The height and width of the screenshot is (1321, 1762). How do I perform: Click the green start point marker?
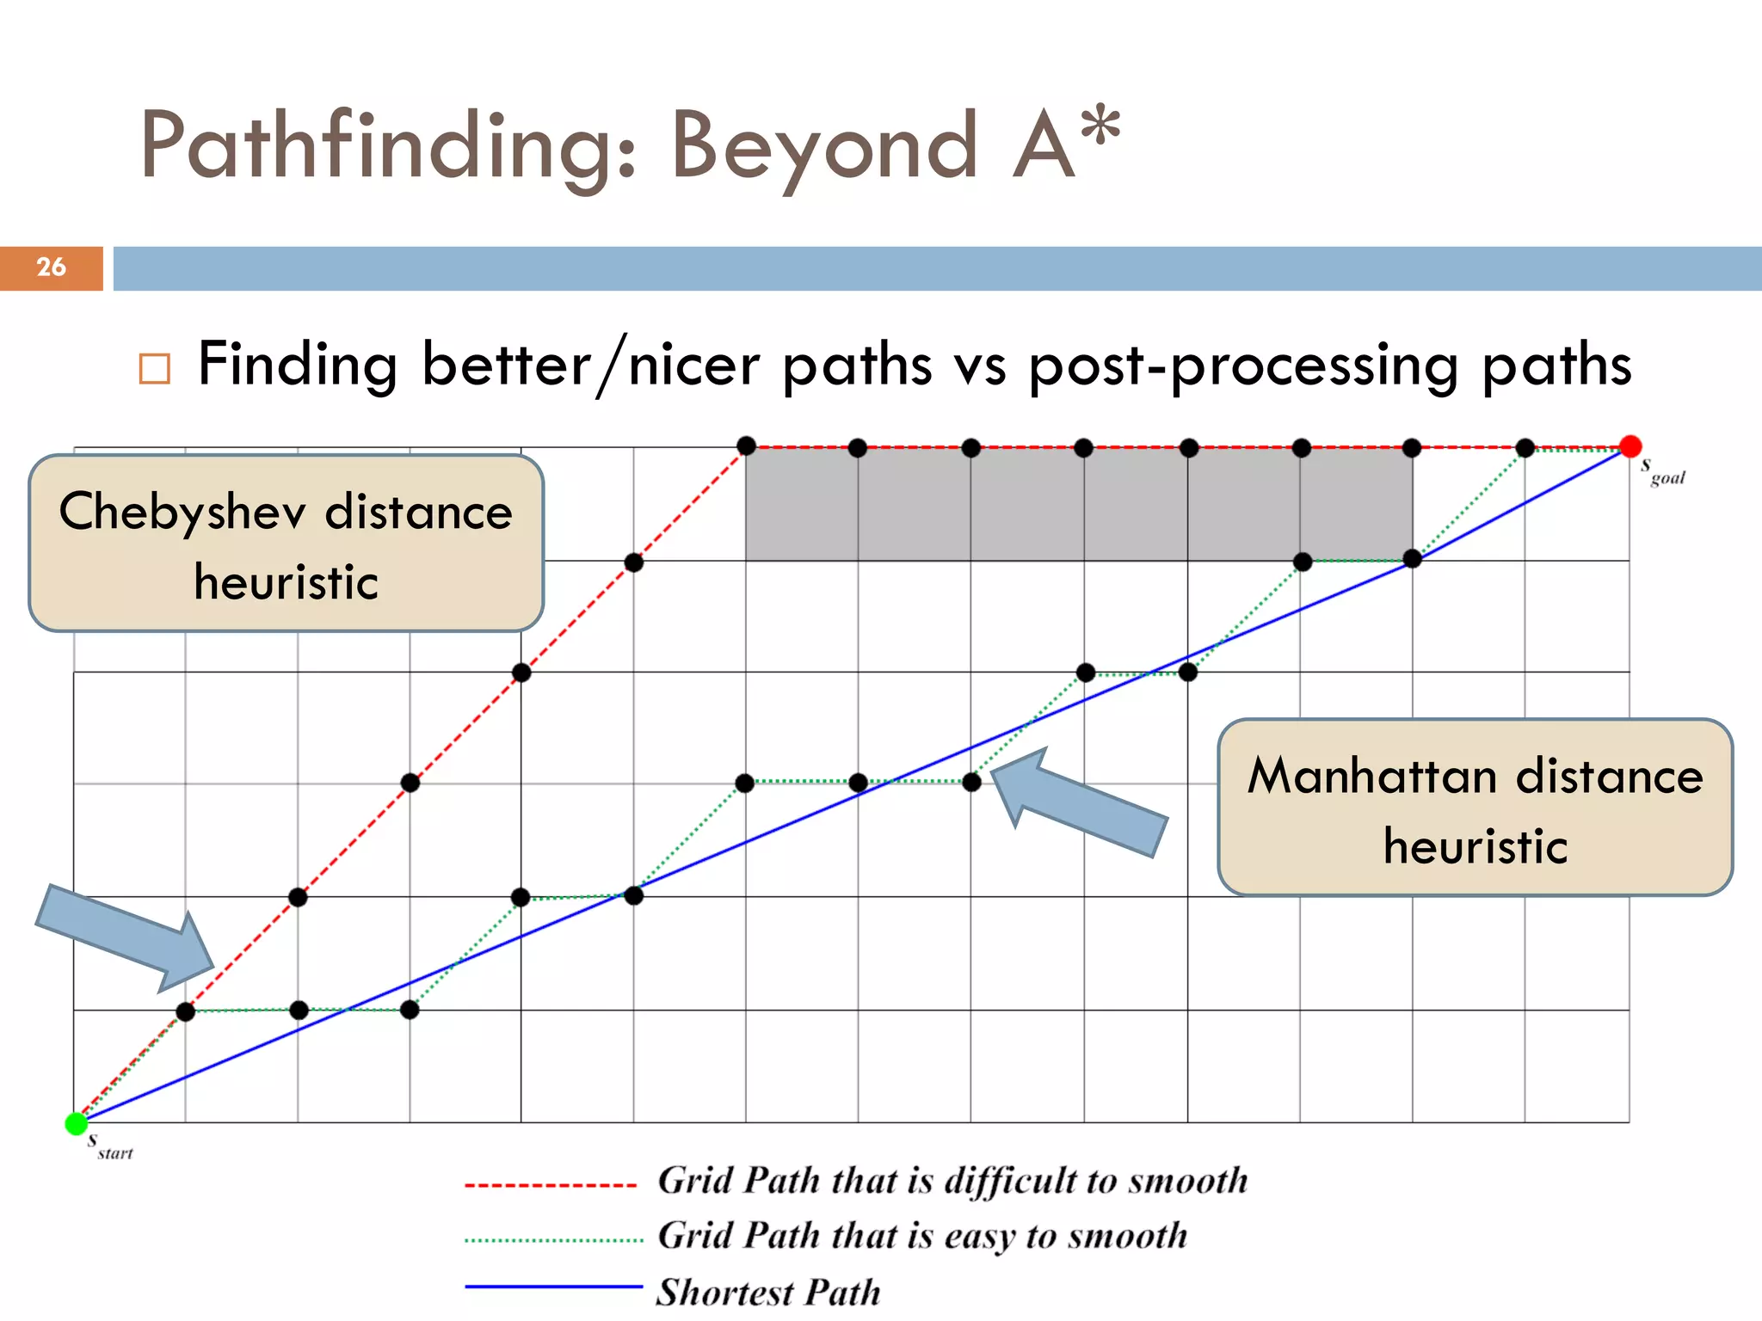point(77,1123)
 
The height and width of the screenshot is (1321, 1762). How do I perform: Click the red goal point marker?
point(1630,446)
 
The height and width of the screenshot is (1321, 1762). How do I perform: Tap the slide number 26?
point(51,267)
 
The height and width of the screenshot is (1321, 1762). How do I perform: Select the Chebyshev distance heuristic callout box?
point(286,544)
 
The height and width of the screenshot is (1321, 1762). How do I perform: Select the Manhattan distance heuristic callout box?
point(1475,808)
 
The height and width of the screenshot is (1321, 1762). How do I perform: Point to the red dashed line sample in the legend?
point(551,1185)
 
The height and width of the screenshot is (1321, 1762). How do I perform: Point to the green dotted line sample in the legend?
point(553,1240)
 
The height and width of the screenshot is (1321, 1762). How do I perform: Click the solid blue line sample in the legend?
point(553,1287)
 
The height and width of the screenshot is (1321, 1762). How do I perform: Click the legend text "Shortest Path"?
point(768,1292)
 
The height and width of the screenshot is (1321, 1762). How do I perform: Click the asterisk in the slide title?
point(1100,127)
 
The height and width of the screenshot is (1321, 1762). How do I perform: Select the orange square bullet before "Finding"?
point(155,369)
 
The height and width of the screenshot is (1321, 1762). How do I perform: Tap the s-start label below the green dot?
point(110,1147)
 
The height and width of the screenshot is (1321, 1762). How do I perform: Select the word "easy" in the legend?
point(980,1237)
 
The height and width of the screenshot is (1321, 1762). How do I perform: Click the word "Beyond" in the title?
point(824,146)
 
